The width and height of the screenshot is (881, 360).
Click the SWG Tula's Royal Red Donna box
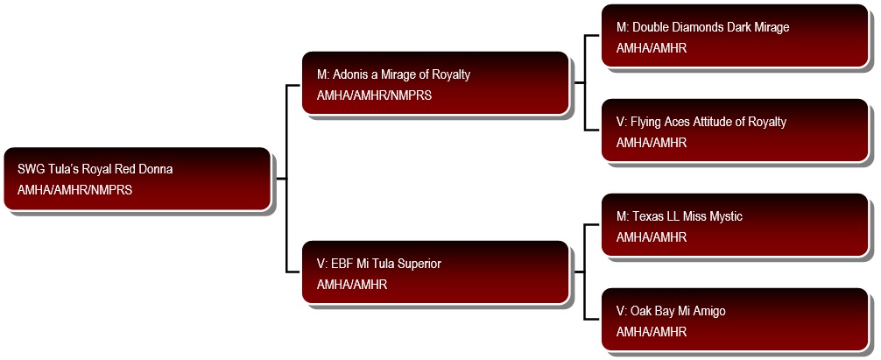pos(137,179)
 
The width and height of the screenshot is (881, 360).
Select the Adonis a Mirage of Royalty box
pos(436,83)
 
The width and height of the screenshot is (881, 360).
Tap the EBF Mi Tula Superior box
pos(436,272)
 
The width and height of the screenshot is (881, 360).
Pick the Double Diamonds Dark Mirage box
pos(735,36)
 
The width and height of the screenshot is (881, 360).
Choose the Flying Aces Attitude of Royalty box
pos(735,131)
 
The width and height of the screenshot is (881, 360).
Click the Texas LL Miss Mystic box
pos(735,225)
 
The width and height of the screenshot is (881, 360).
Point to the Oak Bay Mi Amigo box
pos(735,320)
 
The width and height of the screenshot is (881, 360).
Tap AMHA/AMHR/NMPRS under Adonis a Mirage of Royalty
pos(374,95)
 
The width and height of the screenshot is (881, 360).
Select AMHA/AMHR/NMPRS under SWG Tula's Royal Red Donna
pos(74,190)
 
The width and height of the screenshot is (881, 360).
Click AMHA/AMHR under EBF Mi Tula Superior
pos(352,285)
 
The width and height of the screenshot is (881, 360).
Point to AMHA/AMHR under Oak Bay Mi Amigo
pos(652,332)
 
